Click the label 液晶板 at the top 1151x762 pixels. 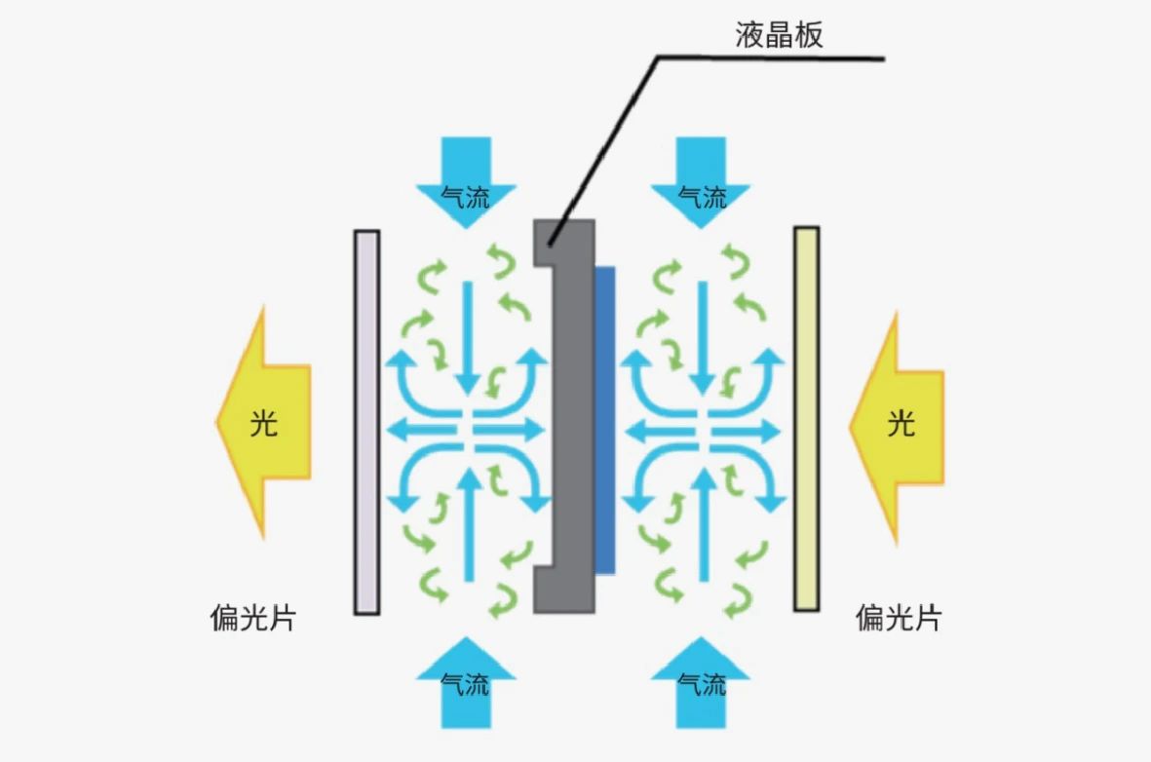click(779, 35)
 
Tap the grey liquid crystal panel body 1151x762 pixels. click(570, 419)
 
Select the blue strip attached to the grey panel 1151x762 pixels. click(604, 419)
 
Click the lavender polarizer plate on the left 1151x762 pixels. click(366, 421)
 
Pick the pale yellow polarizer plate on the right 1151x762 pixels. click(806, 419)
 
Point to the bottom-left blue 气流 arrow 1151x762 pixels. click(465, 682)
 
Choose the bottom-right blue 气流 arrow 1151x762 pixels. click(702, 682)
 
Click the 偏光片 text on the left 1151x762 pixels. click(252, 618)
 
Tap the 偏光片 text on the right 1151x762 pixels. click(899, 618)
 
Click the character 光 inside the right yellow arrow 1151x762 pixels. click(902, 423)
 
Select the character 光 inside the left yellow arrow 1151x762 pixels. click(264, 423)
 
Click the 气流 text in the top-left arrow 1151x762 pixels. click(465, 199)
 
